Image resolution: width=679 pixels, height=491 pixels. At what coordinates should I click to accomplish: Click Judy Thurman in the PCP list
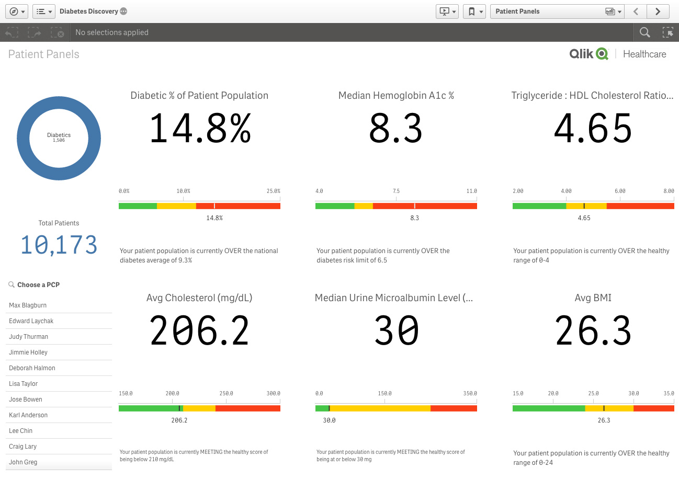(29, 337)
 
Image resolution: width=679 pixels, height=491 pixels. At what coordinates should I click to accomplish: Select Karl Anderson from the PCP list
(28, 415)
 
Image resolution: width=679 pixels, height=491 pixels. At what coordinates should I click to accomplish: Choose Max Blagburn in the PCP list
(28, 305)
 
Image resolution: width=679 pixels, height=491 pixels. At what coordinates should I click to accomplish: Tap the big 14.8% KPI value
(200, 129)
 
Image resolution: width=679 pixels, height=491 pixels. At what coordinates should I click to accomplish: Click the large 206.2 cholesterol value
(199, 331)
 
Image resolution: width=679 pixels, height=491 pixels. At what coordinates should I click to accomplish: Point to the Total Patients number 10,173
(59, 245)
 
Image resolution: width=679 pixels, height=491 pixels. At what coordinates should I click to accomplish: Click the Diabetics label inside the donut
(59, 135)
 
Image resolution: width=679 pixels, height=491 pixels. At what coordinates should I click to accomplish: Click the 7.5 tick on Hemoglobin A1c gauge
(396, 191)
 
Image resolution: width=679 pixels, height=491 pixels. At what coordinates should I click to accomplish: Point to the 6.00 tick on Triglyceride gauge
(620, 191)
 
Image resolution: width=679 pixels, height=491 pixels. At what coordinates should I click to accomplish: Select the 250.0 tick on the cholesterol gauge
(226, 394)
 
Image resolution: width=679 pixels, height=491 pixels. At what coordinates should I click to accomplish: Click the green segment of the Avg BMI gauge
(548, 408)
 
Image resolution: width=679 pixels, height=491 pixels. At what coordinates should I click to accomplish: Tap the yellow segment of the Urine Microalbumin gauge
(380, 408)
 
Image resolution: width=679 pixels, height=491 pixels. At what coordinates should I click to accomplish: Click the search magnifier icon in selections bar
(645, 32)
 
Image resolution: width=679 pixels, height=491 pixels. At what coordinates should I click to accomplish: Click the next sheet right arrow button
(658, 12)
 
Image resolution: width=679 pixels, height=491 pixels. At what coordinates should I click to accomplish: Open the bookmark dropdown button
(474, 12)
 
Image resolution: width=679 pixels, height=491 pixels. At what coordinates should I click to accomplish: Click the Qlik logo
(589, 54)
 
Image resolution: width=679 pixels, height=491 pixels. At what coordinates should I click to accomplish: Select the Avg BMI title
(593, 298)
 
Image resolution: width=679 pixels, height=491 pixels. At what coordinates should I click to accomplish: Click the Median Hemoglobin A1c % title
(396, 96)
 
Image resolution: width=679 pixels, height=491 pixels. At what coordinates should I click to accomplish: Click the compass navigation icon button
(17, 12)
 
